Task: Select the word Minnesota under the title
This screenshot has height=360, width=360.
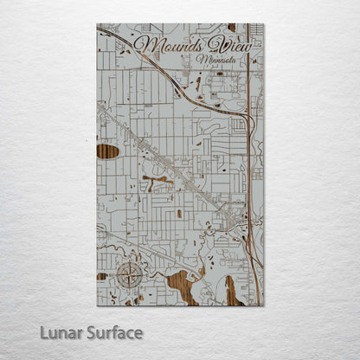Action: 218,61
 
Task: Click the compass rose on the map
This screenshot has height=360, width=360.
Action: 129,275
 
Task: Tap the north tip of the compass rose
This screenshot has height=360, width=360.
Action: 129,260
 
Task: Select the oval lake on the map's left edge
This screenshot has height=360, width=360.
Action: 107,151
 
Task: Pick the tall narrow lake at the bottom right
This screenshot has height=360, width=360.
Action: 231,290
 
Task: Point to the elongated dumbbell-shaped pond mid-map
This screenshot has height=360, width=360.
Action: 156,183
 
